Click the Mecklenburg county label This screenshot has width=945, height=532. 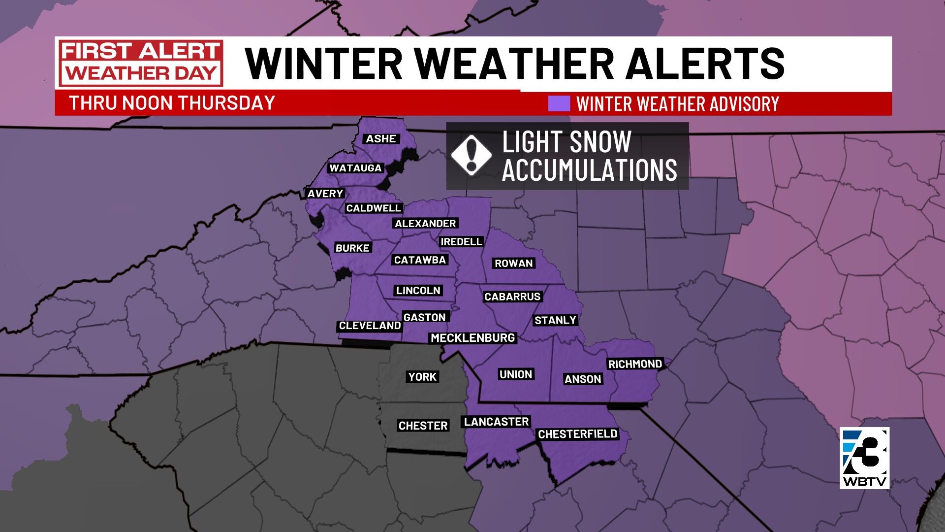click(472, 338)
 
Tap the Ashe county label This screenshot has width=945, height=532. click(381, 139)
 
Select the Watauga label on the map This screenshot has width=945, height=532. click(355, 168)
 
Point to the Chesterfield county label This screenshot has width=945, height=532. click(577, 434)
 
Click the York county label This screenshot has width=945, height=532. click(422, 377)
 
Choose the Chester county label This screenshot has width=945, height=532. click(423, 426)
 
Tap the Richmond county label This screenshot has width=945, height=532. click(635, 364)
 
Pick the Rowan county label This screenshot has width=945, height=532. click(514, 263)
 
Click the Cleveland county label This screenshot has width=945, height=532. click(370, 326)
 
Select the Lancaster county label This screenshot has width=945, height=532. click(496, 422)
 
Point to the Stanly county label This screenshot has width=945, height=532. click(555, 320)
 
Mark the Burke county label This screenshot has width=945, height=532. click(352, 248)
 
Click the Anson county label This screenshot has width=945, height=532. click(583, 379)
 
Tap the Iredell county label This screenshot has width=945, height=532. click(461, 241)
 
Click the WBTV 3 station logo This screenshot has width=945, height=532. click(864, 458)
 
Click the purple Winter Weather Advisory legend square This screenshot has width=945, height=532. click(559, 103)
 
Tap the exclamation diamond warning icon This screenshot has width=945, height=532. click(471, 155)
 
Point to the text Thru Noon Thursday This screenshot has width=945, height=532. click(172, 103)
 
